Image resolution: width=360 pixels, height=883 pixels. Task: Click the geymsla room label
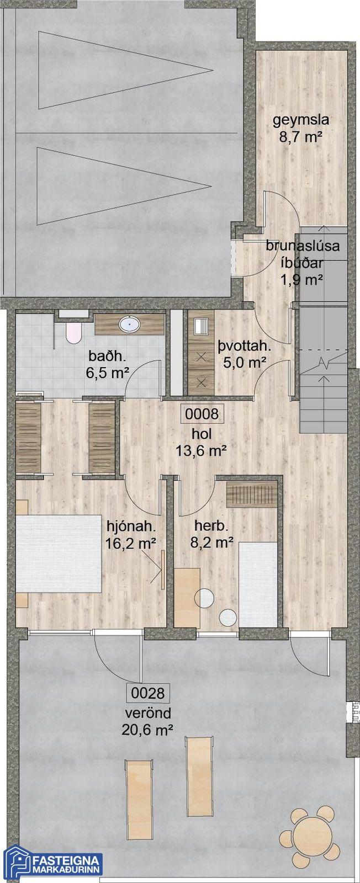301,120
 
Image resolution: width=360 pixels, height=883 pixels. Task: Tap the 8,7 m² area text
301,137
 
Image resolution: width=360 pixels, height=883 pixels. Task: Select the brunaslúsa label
303,246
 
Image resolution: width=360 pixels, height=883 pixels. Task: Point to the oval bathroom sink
129,325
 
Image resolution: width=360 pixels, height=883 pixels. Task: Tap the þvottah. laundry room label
245,347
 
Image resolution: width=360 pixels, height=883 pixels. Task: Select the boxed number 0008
202,414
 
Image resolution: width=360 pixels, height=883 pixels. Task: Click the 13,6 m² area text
202,450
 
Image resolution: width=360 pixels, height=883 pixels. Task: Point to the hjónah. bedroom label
130,526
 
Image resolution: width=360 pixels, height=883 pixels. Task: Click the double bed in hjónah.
59,553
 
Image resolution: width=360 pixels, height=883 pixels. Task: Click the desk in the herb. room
187,597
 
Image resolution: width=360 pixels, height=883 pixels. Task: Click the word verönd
148,712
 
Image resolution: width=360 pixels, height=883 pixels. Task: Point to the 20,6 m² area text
147,731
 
